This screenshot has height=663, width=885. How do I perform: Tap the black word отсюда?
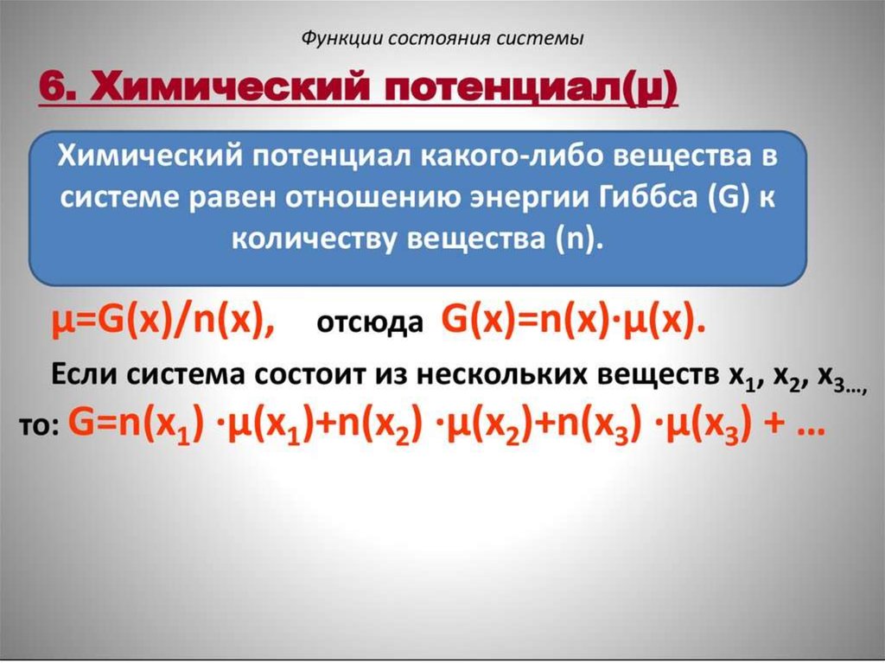tap(370, 323)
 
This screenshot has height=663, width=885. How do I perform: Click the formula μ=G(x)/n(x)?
tap(162, 322)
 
